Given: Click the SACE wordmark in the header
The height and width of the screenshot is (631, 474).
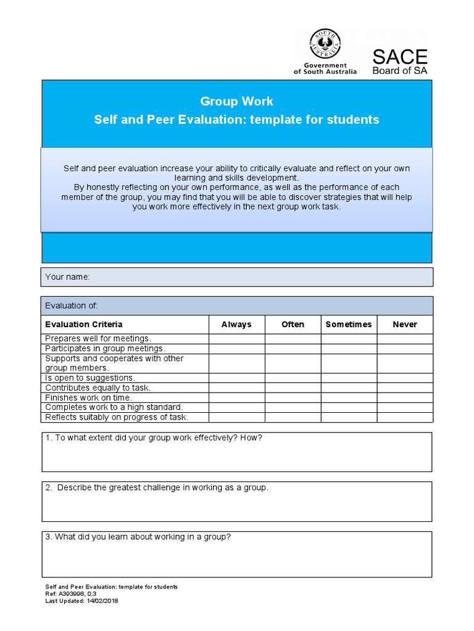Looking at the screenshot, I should tap(400, 57).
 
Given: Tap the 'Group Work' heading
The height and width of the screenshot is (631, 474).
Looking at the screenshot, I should tap(236, 101).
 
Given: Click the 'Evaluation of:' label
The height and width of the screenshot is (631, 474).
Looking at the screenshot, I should tap(72, 306).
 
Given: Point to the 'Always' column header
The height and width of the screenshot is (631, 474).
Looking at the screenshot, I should tap(236, 324).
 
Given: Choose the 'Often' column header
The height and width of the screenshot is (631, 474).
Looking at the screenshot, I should tap(293, 324).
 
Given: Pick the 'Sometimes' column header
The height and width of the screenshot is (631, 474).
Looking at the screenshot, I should tap(349, 324).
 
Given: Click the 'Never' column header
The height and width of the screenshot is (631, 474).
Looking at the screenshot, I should tap(405, 324).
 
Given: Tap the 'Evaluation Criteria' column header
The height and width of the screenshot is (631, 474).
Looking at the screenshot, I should tap(84, 324).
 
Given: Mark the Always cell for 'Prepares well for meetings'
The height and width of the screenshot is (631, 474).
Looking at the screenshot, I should tap(236, 338).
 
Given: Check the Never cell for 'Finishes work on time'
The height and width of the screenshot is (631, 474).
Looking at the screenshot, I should tap(405, 397).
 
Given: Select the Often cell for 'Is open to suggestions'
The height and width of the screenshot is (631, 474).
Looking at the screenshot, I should tap(293, 378).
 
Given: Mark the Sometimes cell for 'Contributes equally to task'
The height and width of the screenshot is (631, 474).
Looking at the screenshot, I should tap(349, 388).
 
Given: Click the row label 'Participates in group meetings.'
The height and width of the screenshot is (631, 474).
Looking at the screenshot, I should tap(105, 348).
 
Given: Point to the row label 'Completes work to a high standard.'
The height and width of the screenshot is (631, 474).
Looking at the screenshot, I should tap(114, 407).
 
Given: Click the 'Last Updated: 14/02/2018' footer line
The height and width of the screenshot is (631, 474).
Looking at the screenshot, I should tap(81, 601).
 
